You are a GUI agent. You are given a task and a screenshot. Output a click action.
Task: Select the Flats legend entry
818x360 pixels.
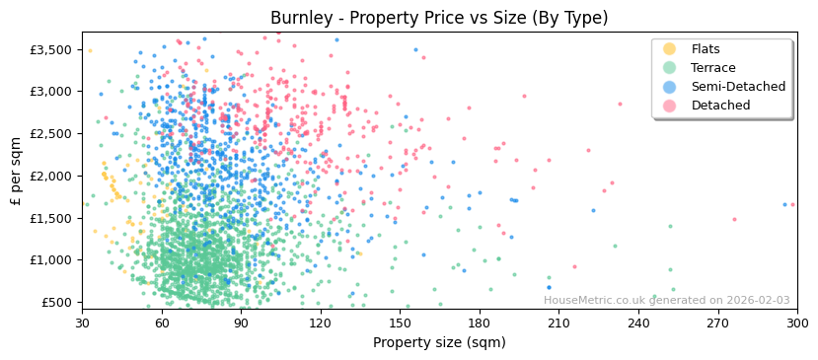pos(706,49)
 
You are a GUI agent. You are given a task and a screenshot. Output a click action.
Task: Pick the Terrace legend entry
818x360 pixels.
pos(713,68)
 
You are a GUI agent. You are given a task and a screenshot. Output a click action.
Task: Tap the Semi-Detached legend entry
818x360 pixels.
pos(738,87)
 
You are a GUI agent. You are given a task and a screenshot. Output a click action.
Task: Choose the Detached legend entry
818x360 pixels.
pos(720,106)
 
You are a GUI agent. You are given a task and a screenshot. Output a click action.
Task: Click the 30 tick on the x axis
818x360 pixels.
pos(83,324)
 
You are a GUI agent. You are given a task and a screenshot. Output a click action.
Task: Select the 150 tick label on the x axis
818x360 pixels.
pos(401,324)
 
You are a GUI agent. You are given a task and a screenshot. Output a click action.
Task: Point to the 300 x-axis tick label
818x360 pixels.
pos(797,324)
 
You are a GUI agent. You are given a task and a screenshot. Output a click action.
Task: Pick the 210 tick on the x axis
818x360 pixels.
pos(559,324)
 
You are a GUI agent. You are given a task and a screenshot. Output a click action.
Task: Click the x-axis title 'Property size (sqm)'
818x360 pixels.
pos(439,343)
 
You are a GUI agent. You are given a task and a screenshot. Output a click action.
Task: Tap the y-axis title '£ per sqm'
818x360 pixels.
pos(17,171)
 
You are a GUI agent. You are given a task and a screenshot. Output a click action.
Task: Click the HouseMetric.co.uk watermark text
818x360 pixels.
pos(667,301)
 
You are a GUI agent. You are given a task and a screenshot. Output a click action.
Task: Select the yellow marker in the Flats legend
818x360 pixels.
pos(670,49)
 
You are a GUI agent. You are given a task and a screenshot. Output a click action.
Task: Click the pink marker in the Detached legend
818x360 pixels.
pos(670,106)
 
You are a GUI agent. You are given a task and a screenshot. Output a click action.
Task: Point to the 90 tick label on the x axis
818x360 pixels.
pos(242,324)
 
